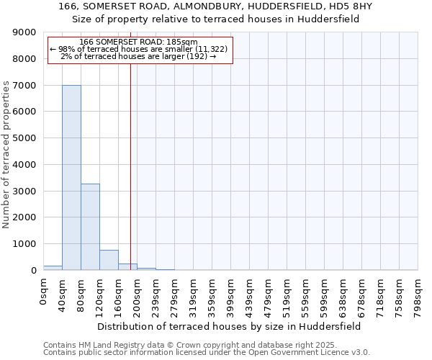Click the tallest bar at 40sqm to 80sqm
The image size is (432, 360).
[71, 177]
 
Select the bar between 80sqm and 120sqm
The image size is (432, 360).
[90, 227]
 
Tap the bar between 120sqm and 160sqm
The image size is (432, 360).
[109, 260]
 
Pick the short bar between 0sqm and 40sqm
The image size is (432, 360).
[53, 268]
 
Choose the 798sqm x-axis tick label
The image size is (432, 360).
[418, 295]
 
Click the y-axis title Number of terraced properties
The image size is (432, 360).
[6, 155]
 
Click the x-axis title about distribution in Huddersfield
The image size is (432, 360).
[230, 326]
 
